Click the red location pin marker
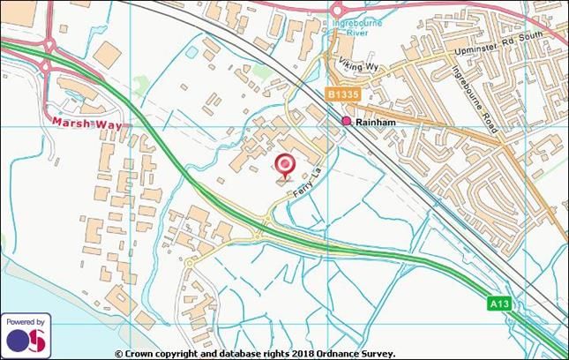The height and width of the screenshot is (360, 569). (285, 166)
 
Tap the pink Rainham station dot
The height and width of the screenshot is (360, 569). (346, 121)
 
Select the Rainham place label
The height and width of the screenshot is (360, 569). (372, 124)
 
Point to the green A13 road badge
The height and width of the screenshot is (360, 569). (500, 303)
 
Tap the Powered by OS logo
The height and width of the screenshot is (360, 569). (26, 334)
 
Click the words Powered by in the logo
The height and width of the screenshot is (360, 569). (26, 321)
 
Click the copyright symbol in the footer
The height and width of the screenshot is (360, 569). (119, 353)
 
